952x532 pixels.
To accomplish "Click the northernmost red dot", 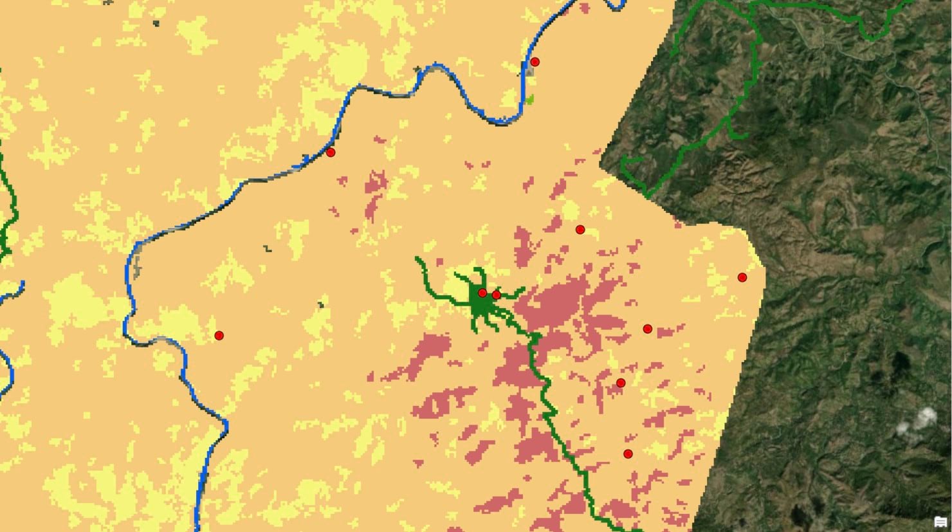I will click(535, 62).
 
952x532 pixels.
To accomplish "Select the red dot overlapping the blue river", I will click(331, 152).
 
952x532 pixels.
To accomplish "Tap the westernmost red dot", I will click(219, 335).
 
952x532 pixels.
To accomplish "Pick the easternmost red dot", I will click(742, 277).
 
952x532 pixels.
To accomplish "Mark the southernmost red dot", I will click(628, 454).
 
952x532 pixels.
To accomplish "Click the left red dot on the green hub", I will click(482, 293).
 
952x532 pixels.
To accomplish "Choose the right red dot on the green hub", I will click(496, 295).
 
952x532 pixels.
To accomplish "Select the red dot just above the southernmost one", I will click(621, 383).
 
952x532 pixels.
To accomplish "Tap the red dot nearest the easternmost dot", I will click(648, 329).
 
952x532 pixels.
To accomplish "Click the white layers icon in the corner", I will click(940, 521).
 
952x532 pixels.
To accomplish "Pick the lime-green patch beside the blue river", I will click(529, 100).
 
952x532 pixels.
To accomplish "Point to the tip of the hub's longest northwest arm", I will click(417, 259).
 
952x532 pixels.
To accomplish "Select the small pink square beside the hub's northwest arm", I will click(440, 262).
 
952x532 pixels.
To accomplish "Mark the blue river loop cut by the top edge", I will click(616, 5).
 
